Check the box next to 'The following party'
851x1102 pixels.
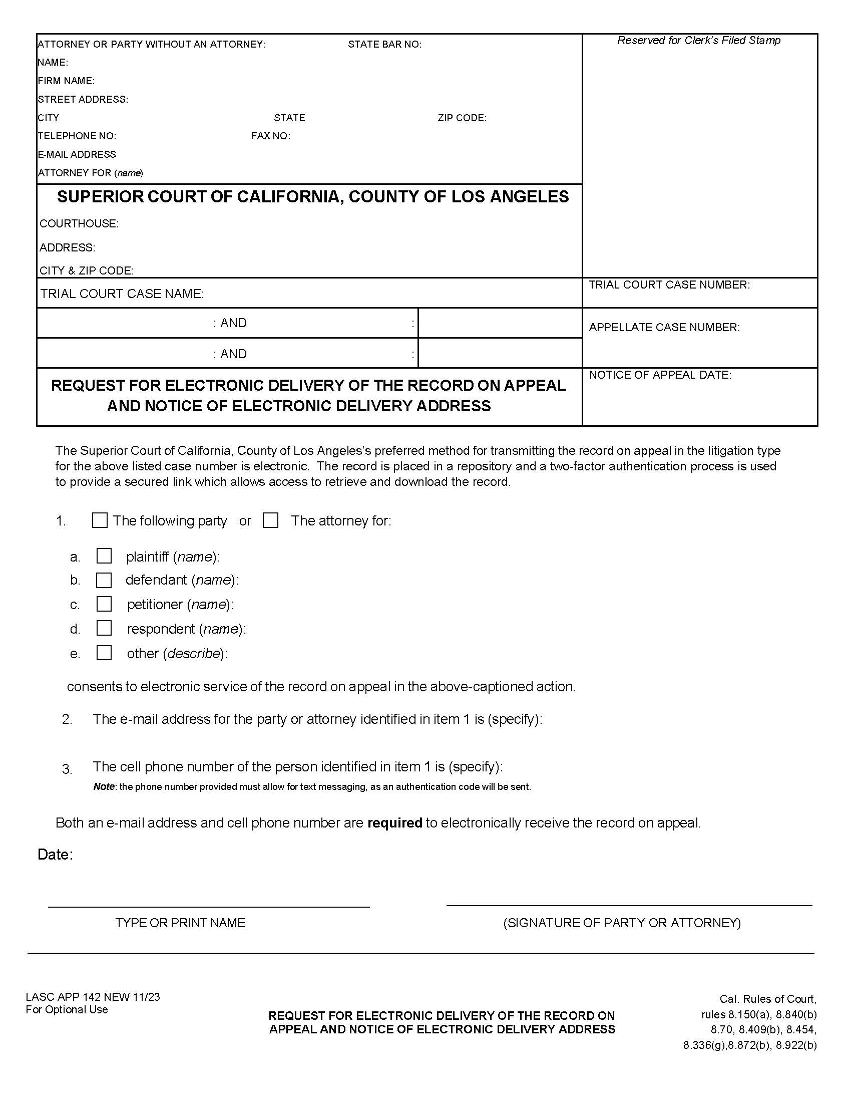[100, 520]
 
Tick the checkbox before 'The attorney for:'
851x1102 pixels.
[271, 520]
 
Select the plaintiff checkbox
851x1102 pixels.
[104, 556]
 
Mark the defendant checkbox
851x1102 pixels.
[104, 580]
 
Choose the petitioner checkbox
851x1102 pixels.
[104, 604]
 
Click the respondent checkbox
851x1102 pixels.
[104, 628]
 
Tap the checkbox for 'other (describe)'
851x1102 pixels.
[104, 653]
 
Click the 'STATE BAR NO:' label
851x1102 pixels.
[384, 45]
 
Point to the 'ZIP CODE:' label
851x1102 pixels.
[462, 118]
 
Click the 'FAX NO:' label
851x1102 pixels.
[271, 136]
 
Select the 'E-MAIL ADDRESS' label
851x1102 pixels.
[77, 154]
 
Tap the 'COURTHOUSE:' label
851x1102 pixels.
[79, 223]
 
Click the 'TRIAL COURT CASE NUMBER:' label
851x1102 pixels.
[669, 285]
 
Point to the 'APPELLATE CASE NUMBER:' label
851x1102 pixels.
[664, 328]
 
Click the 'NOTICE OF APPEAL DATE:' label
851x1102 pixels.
[660, 375]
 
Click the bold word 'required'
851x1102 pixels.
[395, 823]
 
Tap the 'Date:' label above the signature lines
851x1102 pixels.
[56, 855]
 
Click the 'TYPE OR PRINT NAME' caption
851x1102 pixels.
[181, 923]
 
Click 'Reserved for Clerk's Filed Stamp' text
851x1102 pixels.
[699, 41]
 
